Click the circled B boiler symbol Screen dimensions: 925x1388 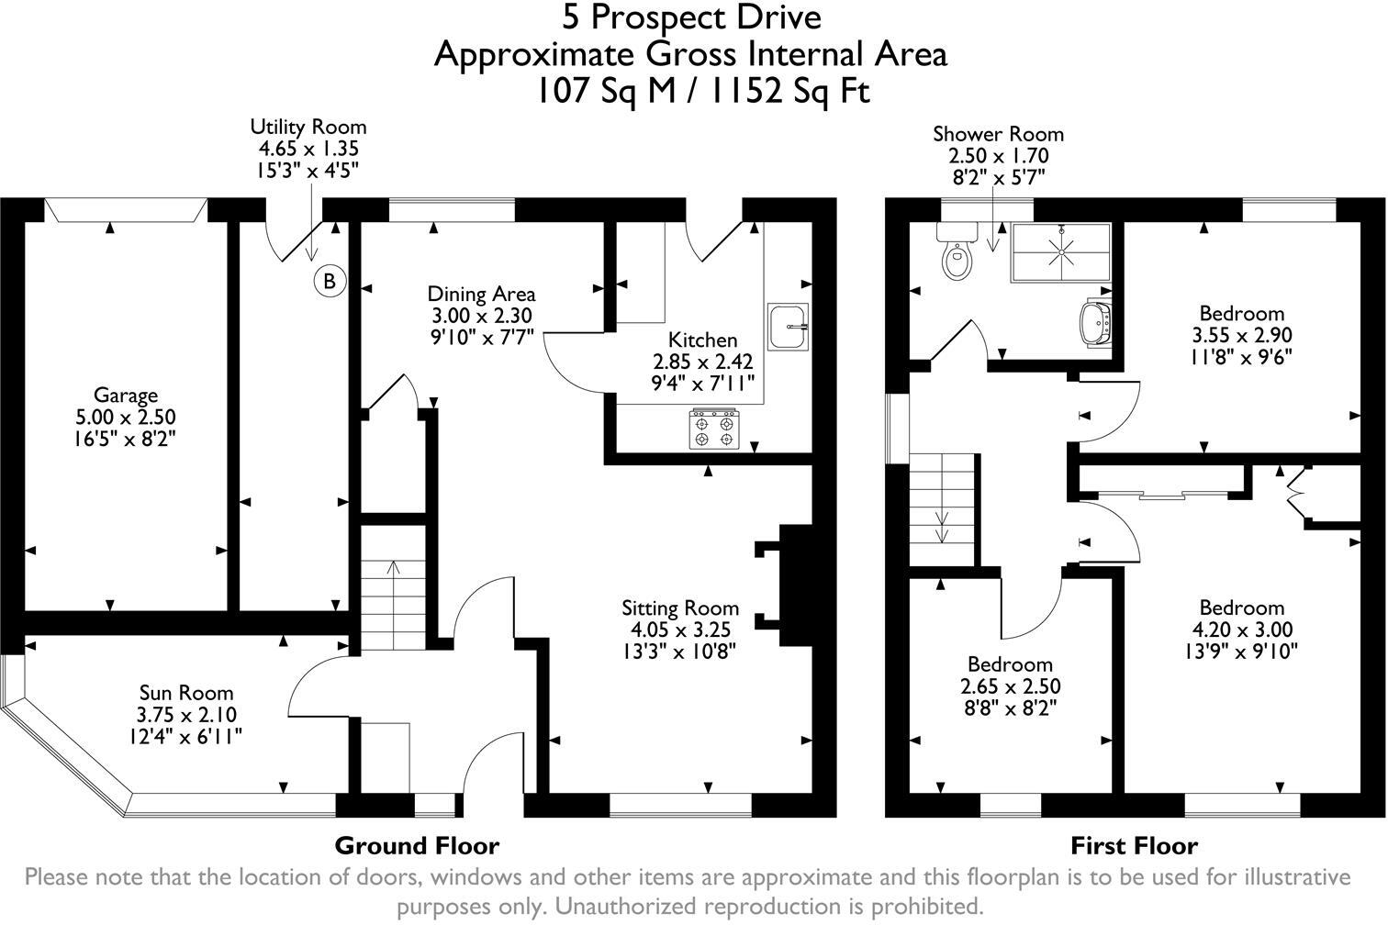(x=329, y=281)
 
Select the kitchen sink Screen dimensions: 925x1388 (x=789, y=325)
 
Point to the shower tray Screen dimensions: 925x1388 (x=1061, y=251)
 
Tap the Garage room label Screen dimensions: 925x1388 (x=126, y=396)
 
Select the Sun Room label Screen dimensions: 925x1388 (x=186, y=693)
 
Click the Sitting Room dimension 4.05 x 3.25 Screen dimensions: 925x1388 (x=680, y=630)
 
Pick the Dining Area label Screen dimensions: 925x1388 (x=481, y=294)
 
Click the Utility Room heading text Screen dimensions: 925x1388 (x=308, y=127)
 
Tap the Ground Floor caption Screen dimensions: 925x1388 (x=417, y=845)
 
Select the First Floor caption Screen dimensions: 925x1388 (x=1135, y=845)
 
